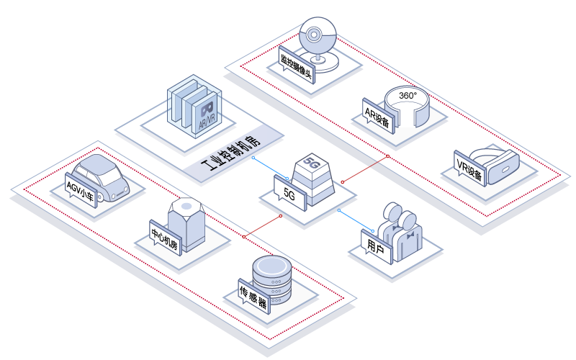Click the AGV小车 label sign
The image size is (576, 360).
pos(81,190)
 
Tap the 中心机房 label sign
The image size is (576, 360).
pos(166,238)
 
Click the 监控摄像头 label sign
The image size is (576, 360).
pos(297,65)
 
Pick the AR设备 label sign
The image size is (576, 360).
pos(378,116)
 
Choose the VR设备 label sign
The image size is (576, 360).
pos(470,168)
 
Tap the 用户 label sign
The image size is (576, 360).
pos(377,247)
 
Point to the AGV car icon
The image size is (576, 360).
pos(100,177)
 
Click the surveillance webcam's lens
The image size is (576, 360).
pos(313,35)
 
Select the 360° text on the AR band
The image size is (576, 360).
pos(408,96)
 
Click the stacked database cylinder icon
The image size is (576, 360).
pos(272,280)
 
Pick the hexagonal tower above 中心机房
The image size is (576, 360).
pos(186,225)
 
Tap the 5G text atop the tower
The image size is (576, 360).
pos(311,163)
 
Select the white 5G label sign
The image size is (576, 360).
pos(290,193)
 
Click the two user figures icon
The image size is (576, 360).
pos(400,230)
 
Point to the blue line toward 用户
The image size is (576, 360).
pos(356,221)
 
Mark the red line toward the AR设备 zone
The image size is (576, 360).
pos(365,169)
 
